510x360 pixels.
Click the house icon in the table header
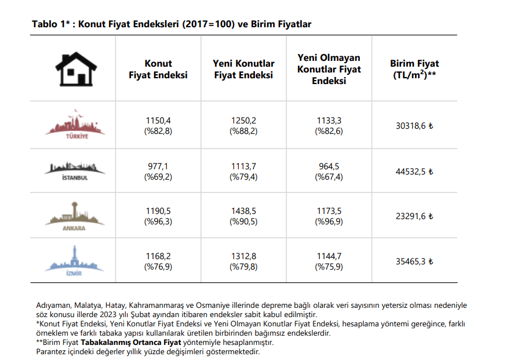coord(73,69)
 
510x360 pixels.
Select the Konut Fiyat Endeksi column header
coord(158,69)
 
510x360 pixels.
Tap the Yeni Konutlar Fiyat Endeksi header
coord(243,69)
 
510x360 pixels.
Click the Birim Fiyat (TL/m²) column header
coord(414,69)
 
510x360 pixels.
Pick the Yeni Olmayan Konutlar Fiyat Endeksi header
coord(329,69)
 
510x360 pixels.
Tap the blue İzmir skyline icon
coord(74,261)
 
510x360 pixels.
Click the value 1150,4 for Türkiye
coord(158,120)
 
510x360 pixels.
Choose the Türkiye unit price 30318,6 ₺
coord(414,125)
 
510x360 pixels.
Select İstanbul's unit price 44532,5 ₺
coord(414,171)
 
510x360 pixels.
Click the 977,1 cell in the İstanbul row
coord(158,166)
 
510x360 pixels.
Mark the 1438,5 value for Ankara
coord(243,211)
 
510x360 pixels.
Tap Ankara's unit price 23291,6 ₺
coord(414,216)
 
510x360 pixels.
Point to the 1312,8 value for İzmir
coord(243,256)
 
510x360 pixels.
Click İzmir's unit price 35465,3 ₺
coord(414,261)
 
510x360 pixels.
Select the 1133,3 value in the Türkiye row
coord(329,120)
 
